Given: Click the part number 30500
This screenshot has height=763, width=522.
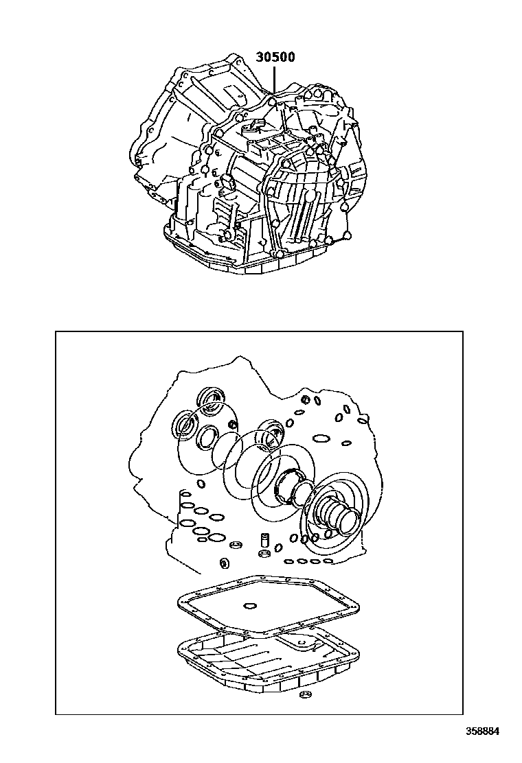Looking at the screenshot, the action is click(x=275, y=57).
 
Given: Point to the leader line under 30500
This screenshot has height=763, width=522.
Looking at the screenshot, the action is click(x=274, y=80).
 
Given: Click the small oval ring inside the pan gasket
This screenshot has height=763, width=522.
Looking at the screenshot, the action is click(x=250, y=605).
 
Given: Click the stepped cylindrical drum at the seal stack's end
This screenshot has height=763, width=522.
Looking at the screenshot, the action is click(x=337, y=517).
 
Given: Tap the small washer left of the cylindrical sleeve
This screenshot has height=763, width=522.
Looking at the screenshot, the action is click(x=237, y=545).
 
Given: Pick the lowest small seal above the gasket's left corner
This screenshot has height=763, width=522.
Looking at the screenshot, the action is click(x=225, y=563).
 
